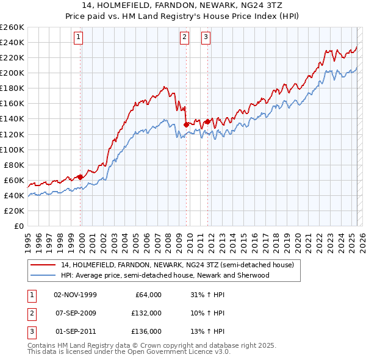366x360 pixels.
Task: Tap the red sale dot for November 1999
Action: coord(81,177)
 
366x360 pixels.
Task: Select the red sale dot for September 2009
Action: coord(186,124)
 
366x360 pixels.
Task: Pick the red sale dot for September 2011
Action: coord(207,121)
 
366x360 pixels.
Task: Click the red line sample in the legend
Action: coord(43,265)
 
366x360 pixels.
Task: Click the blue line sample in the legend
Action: coord(43,275)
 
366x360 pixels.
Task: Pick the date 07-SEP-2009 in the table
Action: coord(75,313)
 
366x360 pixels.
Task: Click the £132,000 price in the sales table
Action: coord(146,313)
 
